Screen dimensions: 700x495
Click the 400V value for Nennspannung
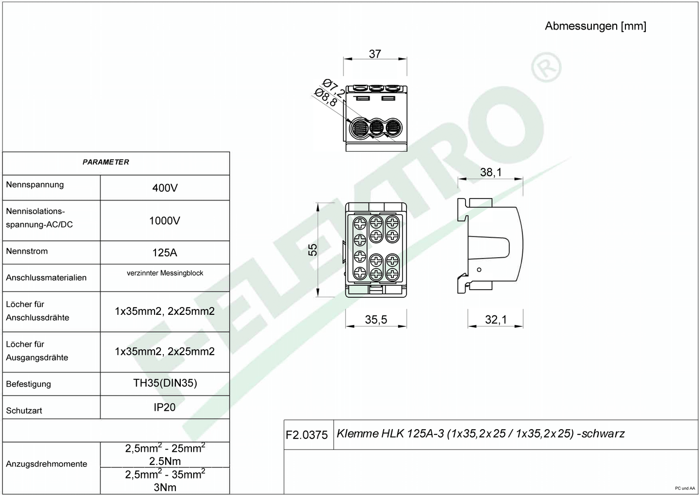pyautogui.click(x=165, y=188)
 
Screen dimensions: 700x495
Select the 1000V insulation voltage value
pyautogui.click(x=165, y=221)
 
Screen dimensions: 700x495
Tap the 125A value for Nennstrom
pyautogui.click(x=165, y=252)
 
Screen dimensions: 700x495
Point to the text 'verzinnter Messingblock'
pyautogui.click(x=165, y=273)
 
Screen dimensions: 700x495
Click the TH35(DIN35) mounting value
pyautogui.click(x=165, y=383)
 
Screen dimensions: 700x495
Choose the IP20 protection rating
pyautogui.click(x=164, y=407)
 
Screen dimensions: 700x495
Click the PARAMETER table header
pyautogui.click(x=106, y=162)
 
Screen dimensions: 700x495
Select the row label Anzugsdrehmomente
pyautogui.click(x=46, y=464)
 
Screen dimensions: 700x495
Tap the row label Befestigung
pyautogui.click(x=29, y=384)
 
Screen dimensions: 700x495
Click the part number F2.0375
pyautogui.click(x=307, y=435)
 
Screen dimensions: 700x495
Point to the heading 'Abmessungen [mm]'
pyautogui.click(x=596, y=26)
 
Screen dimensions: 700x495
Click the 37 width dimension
pyautogui.click(x=375, y=54)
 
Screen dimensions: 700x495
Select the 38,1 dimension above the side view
pyautogui.click(x=491, y=172)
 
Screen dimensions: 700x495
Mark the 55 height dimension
pyautogui.click(x=313, y=250)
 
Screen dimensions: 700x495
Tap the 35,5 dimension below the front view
pyautogui.click(x=376, y=319)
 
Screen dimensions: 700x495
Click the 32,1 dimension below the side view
pyautogui.click(x=496, y=319)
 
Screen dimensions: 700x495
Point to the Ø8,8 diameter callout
pyautogui.click(x=326, y=97)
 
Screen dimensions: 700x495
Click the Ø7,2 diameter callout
pyautogui.click(x=334, y=88)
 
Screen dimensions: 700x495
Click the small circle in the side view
pyautogui.click(x=479, y=270)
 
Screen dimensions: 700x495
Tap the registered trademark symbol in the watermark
pyautogui.click(x=546, y=67)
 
